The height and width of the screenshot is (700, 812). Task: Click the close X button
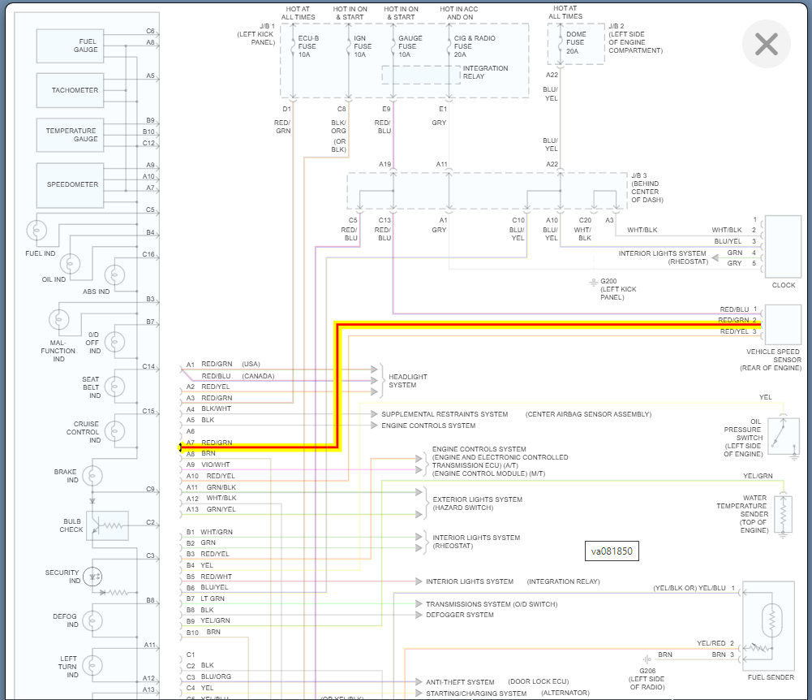pos(766,44)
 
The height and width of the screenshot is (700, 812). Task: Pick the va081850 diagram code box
pos(612,551)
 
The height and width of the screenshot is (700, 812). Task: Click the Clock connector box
pos(783,246)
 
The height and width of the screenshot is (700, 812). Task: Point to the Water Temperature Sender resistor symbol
pos(783,512)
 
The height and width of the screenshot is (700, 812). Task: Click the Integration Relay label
pos(485,73)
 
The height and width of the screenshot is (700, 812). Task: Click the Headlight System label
pos(407,381)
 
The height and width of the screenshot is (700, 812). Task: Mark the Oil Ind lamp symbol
pos(71,263)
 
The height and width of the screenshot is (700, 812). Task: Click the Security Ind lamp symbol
pos(94,576)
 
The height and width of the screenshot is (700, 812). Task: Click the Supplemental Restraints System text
pos(445,414)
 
